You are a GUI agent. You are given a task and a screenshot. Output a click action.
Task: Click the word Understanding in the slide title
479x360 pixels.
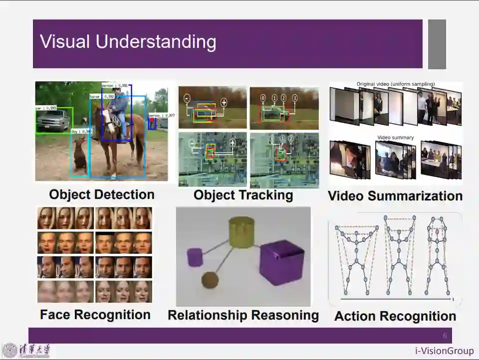156,42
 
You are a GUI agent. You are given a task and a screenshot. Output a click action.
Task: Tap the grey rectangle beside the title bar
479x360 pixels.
437,44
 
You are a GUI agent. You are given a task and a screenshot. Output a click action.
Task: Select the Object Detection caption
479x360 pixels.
102,194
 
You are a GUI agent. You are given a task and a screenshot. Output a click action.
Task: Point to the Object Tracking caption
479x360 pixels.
243,195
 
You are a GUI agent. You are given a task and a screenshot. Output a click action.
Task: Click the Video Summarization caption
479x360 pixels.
395,196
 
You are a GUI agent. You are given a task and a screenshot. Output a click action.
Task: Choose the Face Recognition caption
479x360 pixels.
95,315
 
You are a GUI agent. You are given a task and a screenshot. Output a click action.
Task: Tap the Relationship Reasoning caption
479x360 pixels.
243,315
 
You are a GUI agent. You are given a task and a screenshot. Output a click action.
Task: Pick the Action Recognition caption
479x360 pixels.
395,316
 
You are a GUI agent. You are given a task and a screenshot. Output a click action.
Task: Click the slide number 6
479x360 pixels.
445,336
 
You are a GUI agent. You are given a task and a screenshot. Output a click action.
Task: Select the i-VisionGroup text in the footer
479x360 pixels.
444,351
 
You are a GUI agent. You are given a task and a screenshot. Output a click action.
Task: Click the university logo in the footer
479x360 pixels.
10,351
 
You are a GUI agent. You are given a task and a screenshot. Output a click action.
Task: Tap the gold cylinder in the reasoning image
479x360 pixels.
241,230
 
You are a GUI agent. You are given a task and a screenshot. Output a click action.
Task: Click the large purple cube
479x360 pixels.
282,262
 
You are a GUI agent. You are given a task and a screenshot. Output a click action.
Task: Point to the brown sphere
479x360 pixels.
210,281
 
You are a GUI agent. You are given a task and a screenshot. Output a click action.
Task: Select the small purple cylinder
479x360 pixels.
194,257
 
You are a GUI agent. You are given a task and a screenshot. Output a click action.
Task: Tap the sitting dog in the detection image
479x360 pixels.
79,155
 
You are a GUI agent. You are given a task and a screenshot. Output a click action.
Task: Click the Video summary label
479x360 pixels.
395,138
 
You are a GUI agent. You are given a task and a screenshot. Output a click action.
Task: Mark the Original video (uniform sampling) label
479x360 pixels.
395,84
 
